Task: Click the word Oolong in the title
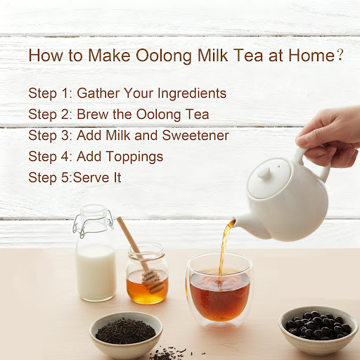(164, 56)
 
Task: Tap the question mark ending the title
(340, 55)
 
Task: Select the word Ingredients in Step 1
(192, 94)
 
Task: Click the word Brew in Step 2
(93, 114)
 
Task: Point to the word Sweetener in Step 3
(195, 135)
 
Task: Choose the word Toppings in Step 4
(135, 157)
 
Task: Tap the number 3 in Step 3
(65, 135)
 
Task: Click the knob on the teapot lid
(264, 173)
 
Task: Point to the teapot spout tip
(233, 220)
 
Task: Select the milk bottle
(96, 253)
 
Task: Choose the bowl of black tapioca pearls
(319, 327)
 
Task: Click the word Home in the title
(311, 56)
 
